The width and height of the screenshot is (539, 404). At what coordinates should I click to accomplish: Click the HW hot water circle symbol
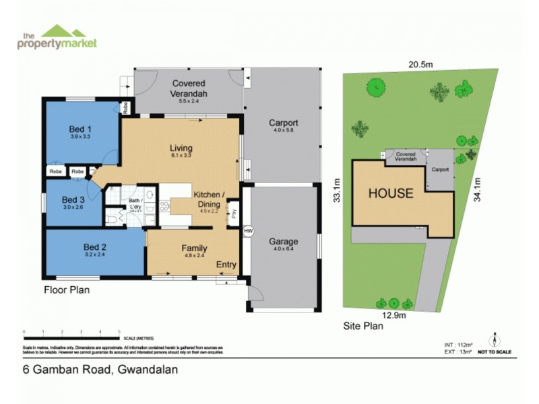[x=247, y=232]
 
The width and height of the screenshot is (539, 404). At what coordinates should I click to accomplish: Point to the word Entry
[x=226, y=265]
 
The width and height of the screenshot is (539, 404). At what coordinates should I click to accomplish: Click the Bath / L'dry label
[x=136, y=203]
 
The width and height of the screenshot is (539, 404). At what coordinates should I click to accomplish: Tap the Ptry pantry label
[x=234, y=215]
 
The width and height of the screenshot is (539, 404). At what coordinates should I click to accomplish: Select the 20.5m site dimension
[x=419, y=64]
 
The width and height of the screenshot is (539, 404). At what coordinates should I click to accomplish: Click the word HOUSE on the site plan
[x=390, y=193]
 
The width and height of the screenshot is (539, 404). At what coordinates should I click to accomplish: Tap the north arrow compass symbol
[x=495, y=339]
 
